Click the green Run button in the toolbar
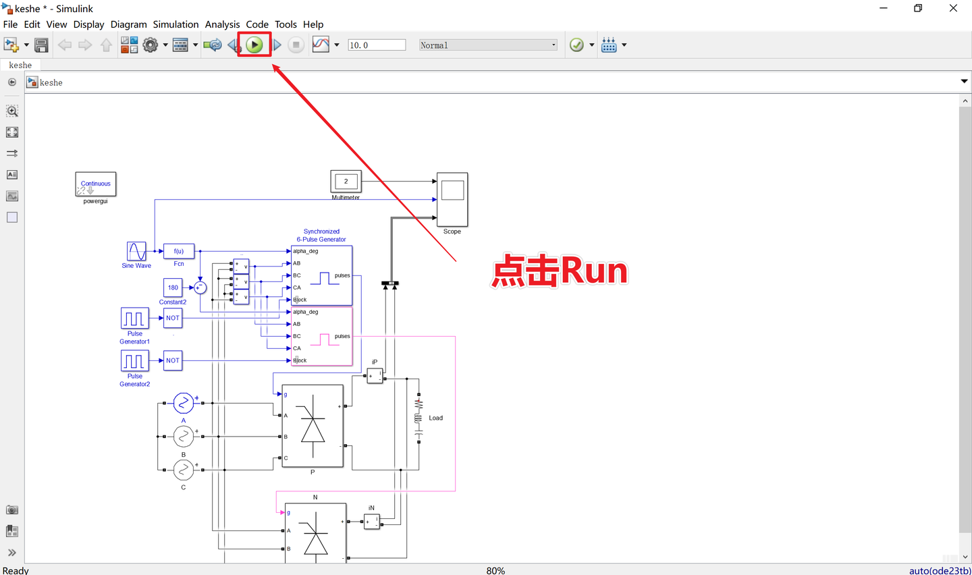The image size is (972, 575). pyautogui.click(x=254, y=45)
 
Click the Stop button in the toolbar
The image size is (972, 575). pyautogui.click(x=296, y=45)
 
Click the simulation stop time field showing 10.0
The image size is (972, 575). pyautogui.click(x=376, y=45)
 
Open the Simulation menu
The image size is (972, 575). pyautogui.click(x=175, y=24)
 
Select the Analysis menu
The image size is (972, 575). pyautogui.click(x=222, y=24)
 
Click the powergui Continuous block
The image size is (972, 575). pyautogui.click(x=95, y=184)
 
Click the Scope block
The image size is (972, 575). pyautogui.click(x=452, y=199)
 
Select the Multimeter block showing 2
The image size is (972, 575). pyautogui.click(x=346, y=182)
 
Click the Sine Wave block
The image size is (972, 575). pyautogui.click(x=136, y=251)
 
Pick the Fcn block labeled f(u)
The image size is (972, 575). pyautogui.click(x=179, y=251)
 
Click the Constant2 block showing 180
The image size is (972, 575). pyautogui.click(x=173, y=287)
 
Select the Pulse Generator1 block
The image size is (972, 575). pyautogui.click(x=135, y=318)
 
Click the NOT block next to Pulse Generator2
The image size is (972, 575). pyautogui.click(x=173, y=360)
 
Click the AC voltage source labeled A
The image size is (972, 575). pyautogui.click(x=183, y=403)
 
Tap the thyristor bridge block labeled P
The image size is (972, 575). pyautogui.click(x=313, y=426)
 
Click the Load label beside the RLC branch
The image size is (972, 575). pyautogui.click(x=436, y=418)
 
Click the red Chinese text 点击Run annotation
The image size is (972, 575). pyautogui.click(x=560, y=271)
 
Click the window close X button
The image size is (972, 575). pyautogui.click(x=953, y=8)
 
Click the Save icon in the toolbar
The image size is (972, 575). pyautogui.click(x=41, y=45)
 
